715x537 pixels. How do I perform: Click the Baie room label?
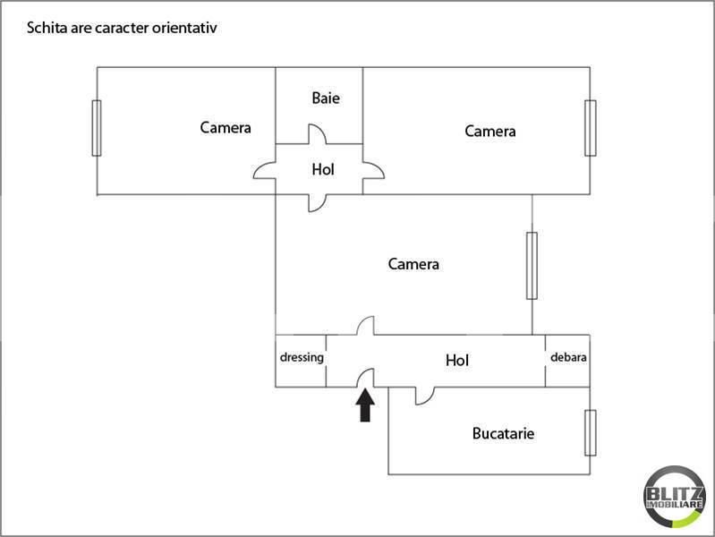pos(326,98)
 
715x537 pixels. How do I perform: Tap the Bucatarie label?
pos(503,433)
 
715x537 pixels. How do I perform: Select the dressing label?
pos(302,357)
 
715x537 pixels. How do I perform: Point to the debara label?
pos(568,357)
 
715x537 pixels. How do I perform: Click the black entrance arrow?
pos(365,405)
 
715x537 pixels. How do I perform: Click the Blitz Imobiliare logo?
pos(674,497)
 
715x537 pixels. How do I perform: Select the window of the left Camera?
pos(97,128)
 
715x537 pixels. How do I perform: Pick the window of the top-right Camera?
pos(590,128)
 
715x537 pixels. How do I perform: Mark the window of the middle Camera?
pos(532,266)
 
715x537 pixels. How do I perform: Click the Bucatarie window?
pos(590,432)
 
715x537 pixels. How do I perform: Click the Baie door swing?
pos(318,134)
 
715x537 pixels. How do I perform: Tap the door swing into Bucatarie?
pos(425,396)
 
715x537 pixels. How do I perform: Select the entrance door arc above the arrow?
pos(365,378)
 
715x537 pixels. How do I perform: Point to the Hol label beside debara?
pos(457,361)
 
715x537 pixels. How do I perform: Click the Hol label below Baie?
pos(323,170)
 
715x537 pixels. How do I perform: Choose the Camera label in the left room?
pos(226,128)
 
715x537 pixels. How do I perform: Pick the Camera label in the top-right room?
pos(490,132)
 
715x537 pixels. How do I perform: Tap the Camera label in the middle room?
pos(413,264)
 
